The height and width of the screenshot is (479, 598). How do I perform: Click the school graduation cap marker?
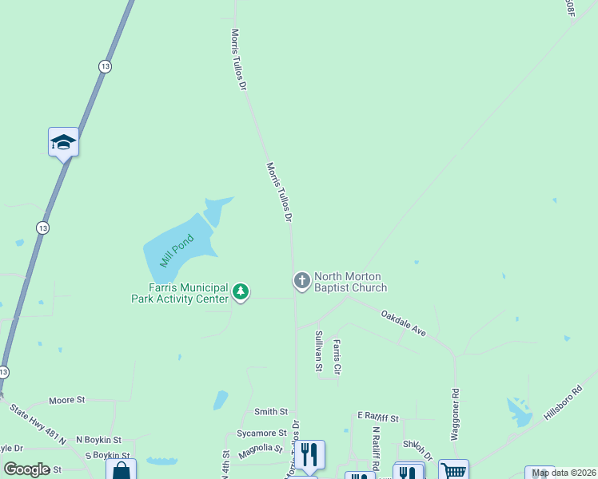point(63,143)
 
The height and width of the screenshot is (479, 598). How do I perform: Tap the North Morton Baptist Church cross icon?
point(301,280)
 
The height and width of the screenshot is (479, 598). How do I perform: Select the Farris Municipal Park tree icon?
point(241,292)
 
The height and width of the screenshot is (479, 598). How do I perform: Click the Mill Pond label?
point(177,250)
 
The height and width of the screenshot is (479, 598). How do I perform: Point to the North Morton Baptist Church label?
point(350,282)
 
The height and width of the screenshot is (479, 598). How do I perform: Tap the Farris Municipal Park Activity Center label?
point(180,293)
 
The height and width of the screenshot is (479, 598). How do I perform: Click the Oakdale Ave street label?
point(403,322)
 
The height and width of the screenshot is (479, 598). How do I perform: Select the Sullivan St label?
point(318,351)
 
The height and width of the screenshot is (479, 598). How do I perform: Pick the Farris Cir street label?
point(337,357)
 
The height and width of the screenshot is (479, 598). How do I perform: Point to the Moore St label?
point(66,399)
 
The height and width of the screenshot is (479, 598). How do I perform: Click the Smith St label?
point(270,412)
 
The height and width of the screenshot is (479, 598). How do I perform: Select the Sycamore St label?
point(261,433)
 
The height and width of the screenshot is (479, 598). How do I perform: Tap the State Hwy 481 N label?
point(37,423)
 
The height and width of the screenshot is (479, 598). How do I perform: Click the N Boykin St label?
point(98,440)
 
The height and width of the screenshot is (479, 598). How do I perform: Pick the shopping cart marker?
point(453,471)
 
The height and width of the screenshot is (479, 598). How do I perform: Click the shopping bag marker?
point(121,470)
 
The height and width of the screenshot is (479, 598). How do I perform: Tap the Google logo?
point(26,469)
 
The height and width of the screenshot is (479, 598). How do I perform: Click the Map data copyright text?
point(564,473)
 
